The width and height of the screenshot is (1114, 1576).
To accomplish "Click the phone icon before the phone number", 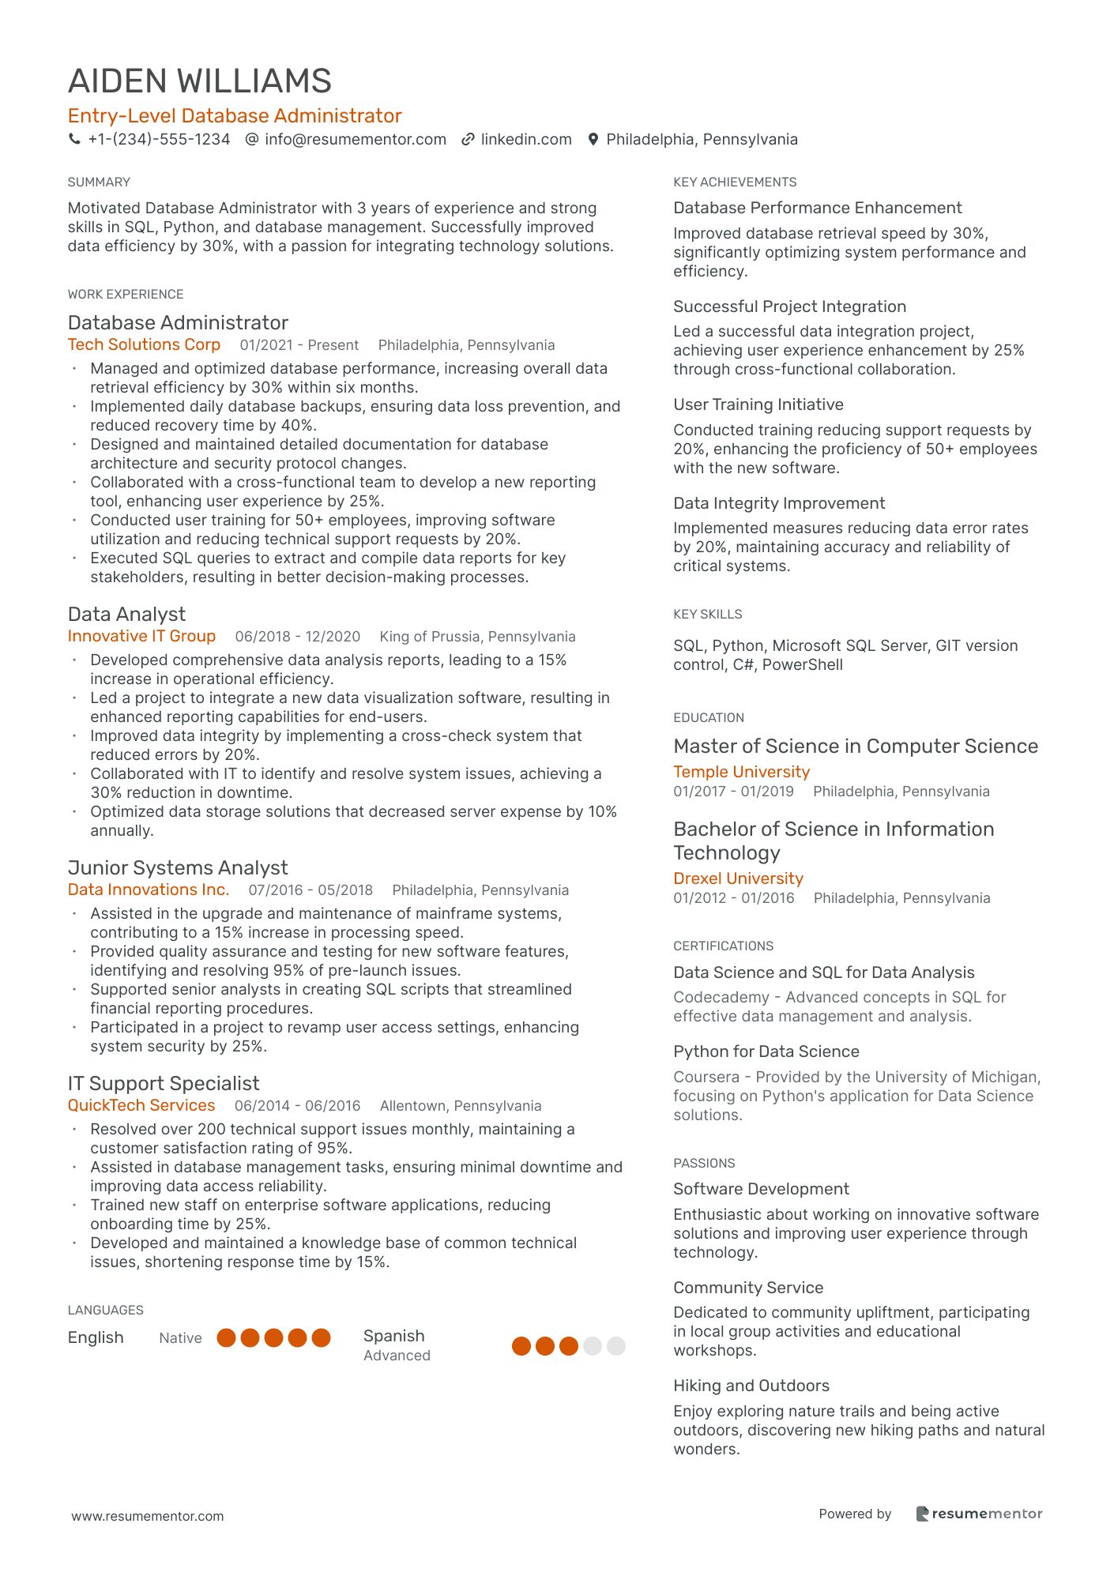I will (x=74, y=139).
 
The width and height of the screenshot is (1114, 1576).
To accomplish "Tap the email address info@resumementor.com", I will (x=355, y=140).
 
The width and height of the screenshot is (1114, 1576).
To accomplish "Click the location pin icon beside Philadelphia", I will (x=593, y=140).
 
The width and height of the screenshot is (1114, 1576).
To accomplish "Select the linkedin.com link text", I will (x=525, y=140).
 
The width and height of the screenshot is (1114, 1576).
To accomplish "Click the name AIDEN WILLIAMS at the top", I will (x=200, y=81).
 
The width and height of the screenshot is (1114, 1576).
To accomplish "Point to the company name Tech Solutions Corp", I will (x=144, y=344).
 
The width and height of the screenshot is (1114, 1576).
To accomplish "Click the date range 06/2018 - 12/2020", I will (x=297, y=637).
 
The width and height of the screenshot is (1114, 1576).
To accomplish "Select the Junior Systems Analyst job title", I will (x=178, y=867).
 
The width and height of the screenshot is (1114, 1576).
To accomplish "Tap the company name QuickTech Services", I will (x=141, y=1105).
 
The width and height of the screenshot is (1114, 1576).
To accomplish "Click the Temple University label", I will (x=741, y=772).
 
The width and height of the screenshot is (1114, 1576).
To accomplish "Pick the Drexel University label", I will (x=738, y=878).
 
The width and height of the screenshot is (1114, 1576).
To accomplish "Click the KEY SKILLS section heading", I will (x=707, y=614).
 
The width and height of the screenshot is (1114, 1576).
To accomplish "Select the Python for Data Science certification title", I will (x=766, y=1051).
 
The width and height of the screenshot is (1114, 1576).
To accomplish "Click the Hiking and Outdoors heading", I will (x=751, y=1386).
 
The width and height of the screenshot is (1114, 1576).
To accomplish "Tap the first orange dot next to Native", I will (x=227, y=1337).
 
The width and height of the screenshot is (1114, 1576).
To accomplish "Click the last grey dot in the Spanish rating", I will (x=616, y=1346).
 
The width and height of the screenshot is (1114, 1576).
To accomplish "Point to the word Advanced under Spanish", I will (x=397, y=1356).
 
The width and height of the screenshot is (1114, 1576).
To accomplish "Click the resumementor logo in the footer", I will (x=979, y=1514).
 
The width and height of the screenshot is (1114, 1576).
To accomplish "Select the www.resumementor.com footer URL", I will (x=148, y=1516).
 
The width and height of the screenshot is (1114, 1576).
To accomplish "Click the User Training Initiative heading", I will (x=758, y=404).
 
